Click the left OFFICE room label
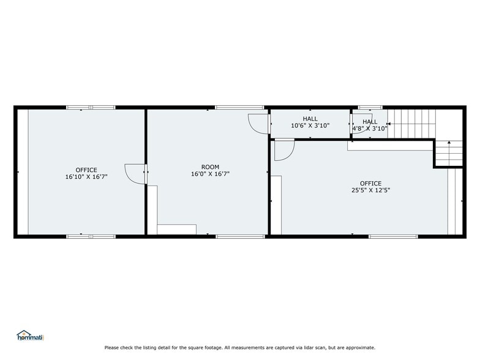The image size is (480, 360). click(x=86, y=170)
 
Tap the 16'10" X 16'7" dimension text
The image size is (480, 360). click(x=86, y=177)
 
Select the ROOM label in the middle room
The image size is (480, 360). click(x=210, y=167)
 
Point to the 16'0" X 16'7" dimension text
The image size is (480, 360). click(x=210, y=174)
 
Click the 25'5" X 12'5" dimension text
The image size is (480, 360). click(x=370, y=190)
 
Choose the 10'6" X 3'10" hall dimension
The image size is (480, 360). click(x=310, y=126)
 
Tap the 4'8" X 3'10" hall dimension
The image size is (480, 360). click(x=370, y=129)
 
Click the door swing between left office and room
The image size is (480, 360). click(x=134, y=173)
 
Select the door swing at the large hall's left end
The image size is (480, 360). click(x=258, y=122)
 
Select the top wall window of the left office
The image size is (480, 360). click(x=91, y=107)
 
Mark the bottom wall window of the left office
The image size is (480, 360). click(x=91, y=236)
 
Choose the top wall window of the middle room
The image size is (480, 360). click(x=239, y=107)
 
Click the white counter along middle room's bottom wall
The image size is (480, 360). click(x=176, y=230)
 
